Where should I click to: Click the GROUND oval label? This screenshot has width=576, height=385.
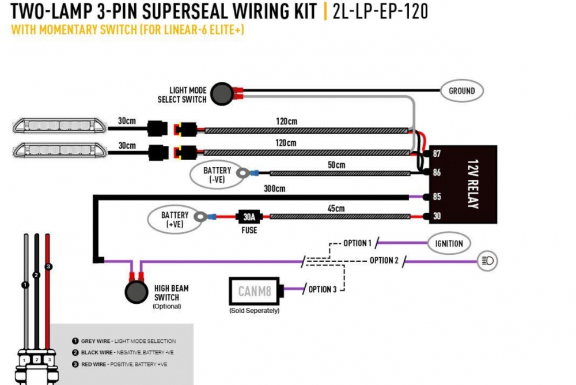point(462,90)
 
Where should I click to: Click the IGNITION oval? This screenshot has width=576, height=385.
point(449,243)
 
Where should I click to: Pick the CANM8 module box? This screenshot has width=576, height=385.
point(254,291)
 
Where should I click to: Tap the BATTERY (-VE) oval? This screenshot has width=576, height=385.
point(217,174)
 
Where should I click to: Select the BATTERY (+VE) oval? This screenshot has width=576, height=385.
point(175,220)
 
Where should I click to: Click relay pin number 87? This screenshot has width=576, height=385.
point(437,154)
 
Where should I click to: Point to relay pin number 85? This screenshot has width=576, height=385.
point(437,197)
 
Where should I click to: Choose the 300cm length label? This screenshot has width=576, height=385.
point(275,188)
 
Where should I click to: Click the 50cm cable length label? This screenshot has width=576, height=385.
point(336,165)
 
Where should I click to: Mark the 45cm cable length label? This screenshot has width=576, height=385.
point(336,209)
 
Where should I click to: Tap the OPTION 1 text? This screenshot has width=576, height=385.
point(357,243)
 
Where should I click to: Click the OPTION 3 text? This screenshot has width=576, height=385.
point(323,289)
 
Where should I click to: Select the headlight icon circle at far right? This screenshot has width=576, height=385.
point(487,261)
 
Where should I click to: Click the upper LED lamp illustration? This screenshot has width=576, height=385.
point(60,126)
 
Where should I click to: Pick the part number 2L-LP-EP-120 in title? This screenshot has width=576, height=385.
point(380,12)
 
